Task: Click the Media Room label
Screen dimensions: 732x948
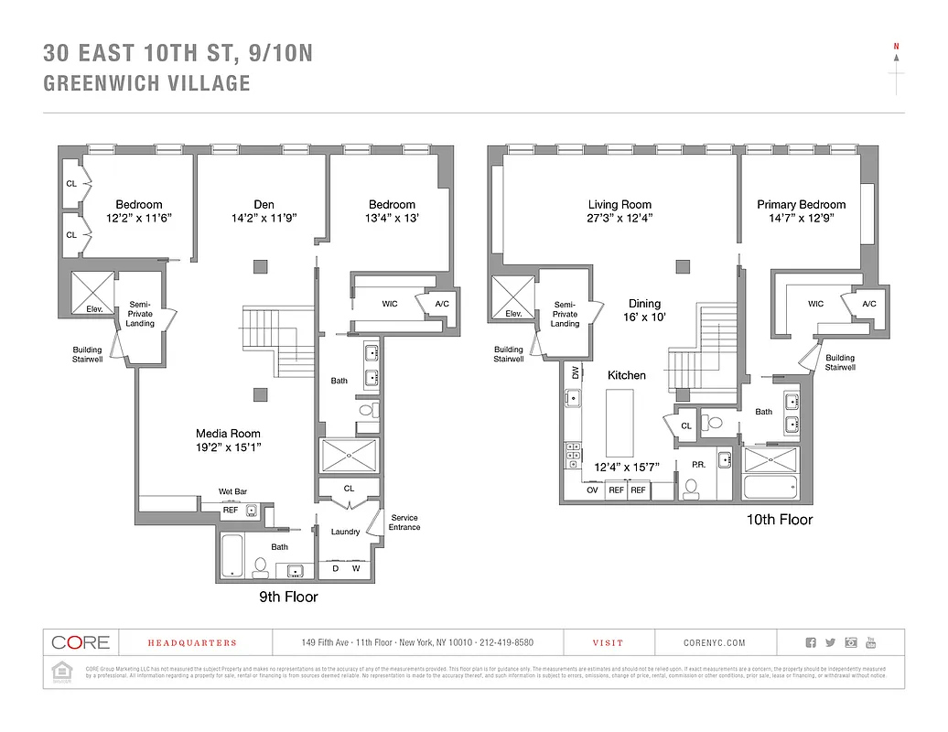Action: click(x=228, y=434)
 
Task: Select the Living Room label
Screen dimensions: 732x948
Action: click(x=619, y=205)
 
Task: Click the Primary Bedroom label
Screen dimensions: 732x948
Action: click(x=801, y=205)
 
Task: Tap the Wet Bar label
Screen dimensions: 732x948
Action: click(x=232, y=492)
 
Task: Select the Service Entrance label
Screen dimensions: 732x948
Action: click(x=404, y=522)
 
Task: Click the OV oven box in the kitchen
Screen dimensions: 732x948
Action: click(x=592, y=490)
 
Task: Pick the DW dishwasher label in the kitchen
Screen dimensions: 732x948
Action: click(x=575, y=373)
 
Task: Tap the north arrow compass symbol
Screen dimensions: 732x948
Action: click(x=897, y=57)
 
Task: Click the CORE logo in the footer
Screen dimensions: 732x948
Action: click(x=80, y=642)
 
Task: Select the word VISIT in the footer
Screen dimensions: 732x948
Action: click(x=608, y=643)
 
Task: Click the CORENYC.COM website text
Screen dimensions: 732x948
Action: click(x=714, y=643)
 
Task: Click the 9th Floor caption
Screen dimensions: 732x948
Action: click(x=289, y=597)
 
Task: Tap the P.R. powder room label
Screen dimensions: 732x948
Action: click(x=698, y=465)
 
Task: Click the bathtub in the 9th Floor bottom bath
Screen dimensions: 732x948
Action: click(x=232, y=554)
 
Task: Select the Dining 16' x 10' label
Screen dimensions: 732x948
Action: click(x=644, y=309)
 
